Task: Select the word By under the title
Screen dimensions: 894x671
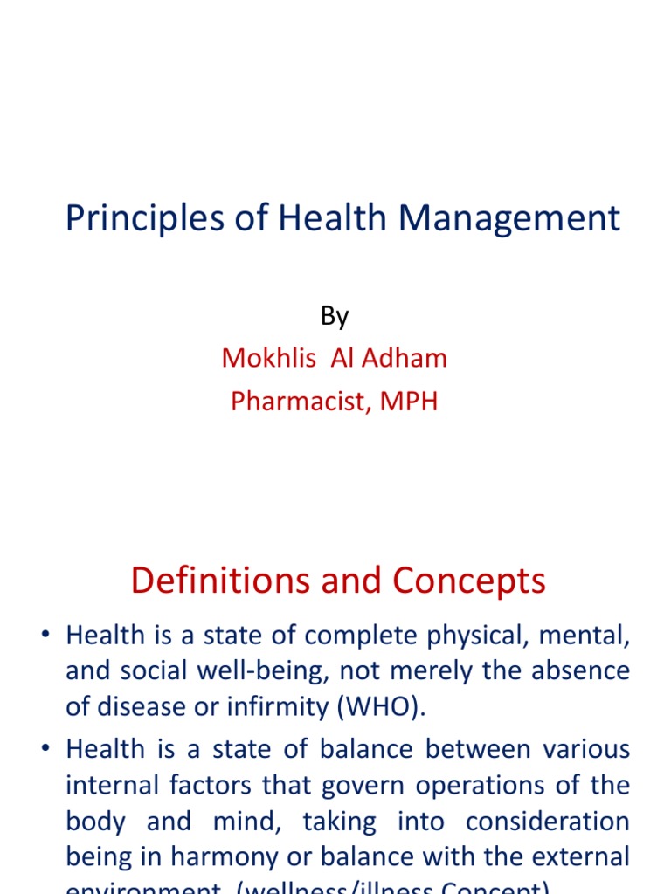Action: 335,316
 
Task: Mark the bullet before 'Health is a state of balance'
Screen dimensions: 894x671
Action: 45,750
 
